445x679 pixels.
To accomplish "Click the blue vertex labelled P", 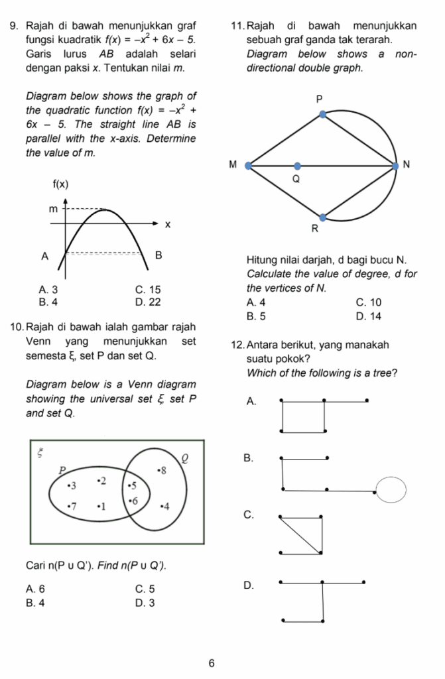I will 323,114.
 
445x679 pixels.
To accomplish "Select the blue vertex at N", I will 397,165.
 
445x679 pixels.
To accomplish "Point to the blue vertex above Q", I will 297,166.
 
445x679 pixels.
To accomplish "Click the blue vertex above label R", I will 323,217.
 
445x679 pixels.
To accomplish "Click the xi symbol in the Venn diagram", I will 40,453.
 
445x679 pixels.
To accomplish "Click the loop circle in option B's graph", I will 391,490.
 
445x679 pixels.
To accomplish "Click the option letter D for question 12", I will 249,586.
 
